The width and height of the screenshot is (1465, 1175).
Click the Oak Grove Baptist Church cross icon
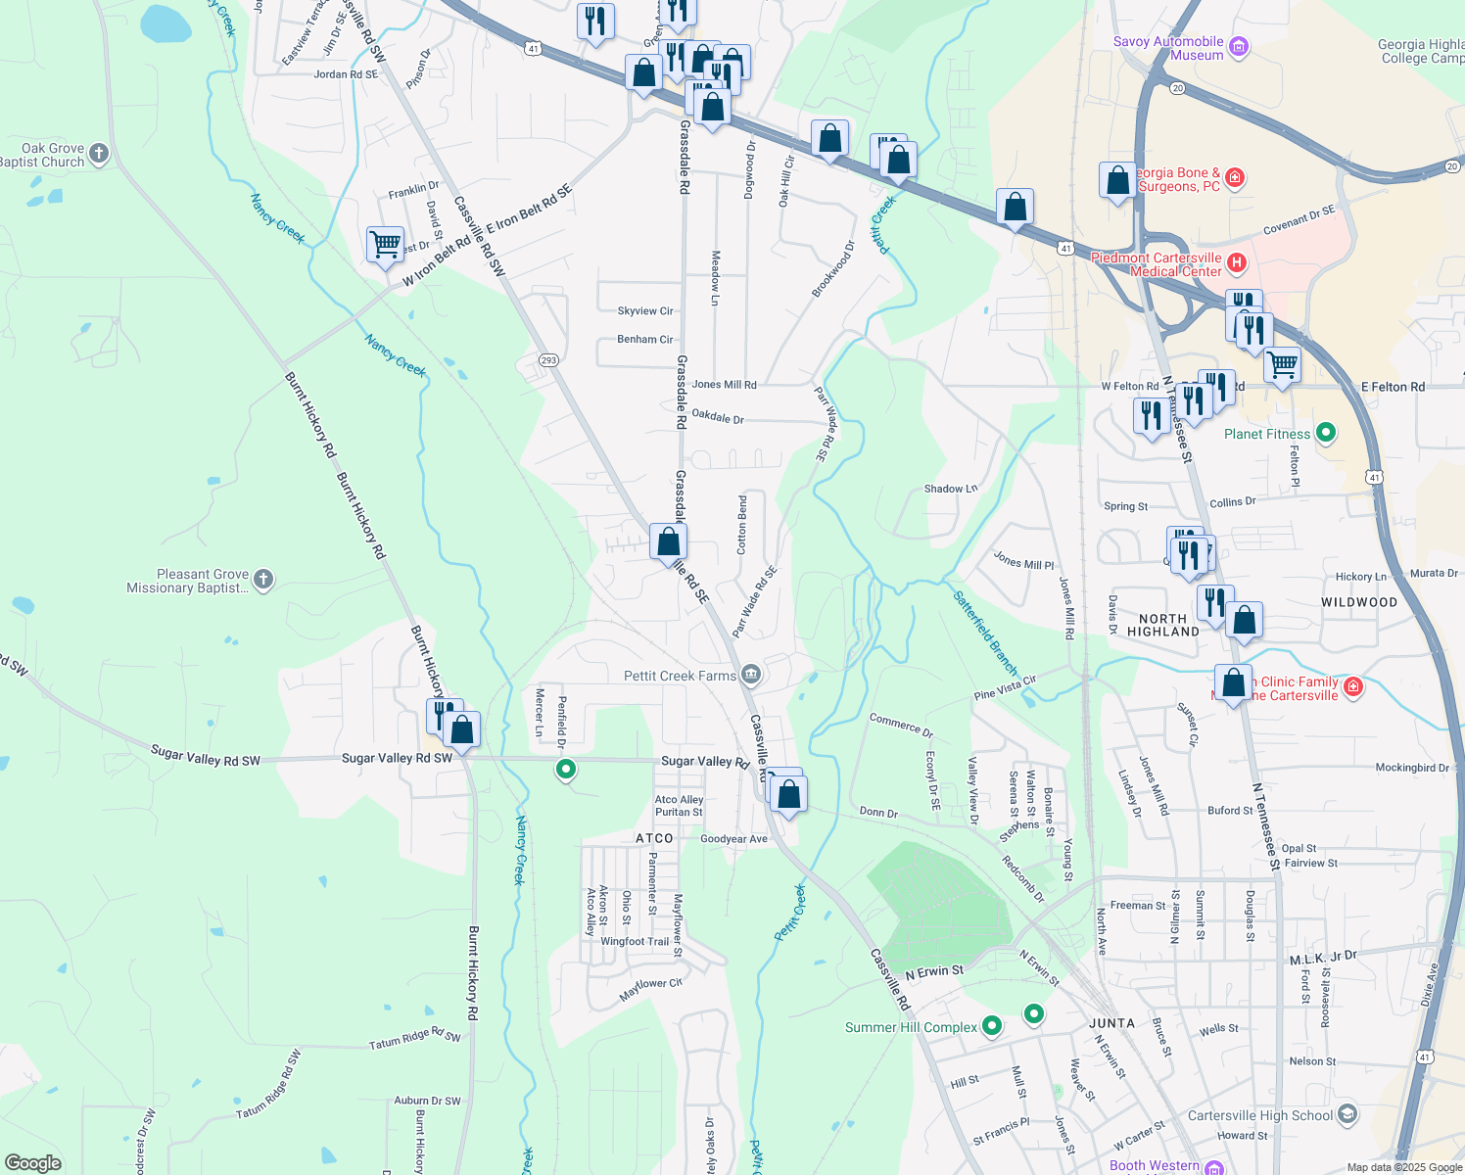point(98,153)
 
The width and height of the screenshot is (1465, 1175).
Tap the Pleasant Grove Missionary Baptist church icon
point(262,580)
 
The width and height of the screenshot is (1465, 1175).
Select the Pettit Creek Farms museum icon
point(751,674)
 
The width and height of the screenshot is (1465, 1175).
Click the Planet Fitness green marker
point(1326,432)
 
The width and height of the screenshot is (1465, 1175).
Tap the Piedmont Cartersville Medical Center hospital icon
point(1237,262)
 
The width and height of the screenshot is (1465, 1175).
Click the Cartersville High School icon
point(1347,1114)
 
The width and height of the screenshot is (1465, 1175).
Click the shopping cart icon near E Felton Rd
point(1282,364)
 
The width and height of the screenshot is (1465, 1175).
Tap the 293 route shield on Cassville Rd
point(547,360)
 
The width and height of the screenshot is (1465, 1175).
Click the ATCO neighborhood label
point(654,838)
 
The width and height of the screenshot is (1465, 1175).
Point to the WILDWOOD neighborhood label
point(1359,602)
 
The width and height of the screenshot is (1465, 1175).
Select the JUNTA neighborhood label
point(1111,1023)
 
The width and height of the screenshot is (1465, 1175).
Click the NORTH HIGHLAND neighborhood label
point(1162,625)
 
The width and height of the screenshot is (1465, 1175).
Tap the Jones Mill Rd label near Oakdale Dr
point(724,385)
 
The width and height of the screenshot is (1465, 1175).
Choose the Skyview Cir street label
point(645,311)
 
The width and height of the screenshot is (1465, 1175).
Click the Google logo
point(33,1163)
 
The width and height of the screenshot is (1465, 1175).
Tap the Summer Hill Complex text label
point(911,1027)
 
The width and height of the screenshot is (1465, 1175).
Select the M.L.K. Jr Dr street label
point(1322,956)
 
